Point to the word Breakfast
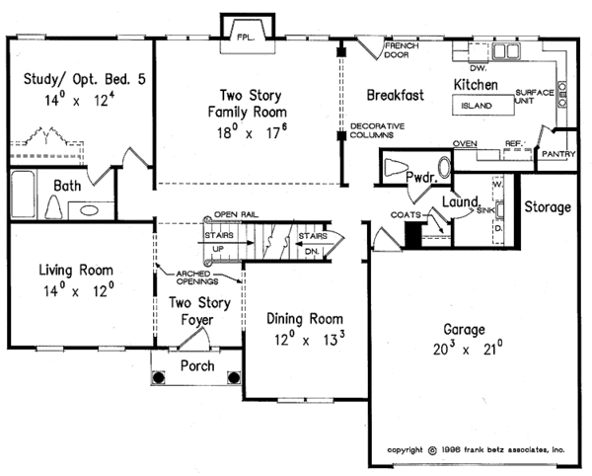[x=395, y=96]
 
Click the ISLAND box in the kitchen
[x=477, y=103]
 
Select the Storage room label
[x=547, y=207]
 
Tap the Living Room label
[x=75, y=270]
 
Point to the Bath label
[x=67, y=185]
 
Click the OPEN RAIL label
[x=235, y=214]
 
